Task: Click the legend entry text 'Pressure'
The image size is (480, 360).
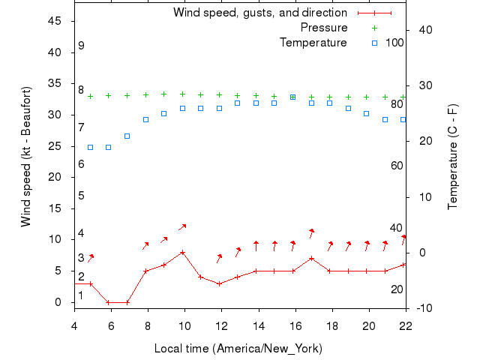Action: pyautogui.click(x=324, y=28)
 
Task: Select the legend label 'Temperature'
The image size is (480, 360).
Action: pyautogui.click(x=313, y=43)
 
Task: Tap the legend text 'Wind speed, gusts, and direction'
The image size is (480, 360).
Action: pyautogui.click(x=260, y=13)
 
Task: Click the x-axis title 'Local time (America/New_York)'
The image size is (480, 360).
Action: pyautogui.click(x=238, y=348)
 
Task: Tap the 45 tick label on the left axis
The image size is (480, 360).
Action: pyautogui.click(x=54, y=21)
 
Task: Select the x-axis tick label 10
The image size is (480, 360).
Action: pyautogui.click(x=184, y=325)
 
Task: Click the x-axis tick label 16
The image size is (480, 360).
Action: pyautogui.click(x=295, y=325)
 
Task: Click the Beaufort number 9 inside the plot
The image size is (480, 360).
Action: pyautogui.click(x=81, y=46)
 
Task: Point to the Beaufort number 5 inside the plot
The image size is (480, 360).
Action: pyautogui.click(x=81, y=196)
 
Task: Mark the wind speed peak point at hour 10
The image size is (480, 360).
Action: pyautogui.click(x=182, y=252)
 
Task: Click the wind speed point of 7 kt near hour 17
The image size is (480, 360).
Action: pyautogui.click(x=311, y=258)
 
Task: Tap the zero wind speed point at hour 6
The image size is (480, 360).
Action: pyautogui.click(x=109, y=302)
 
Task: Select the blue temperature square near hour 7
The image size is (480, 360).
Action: pyautogui.click(x=127, y=136)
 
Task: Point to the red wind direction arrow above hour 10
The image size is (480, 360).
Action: pyautogui.click(x=182, y=226)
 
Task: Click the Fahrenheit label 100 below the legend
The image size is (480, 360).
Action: pyautogui.click(x=394, y=43)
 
